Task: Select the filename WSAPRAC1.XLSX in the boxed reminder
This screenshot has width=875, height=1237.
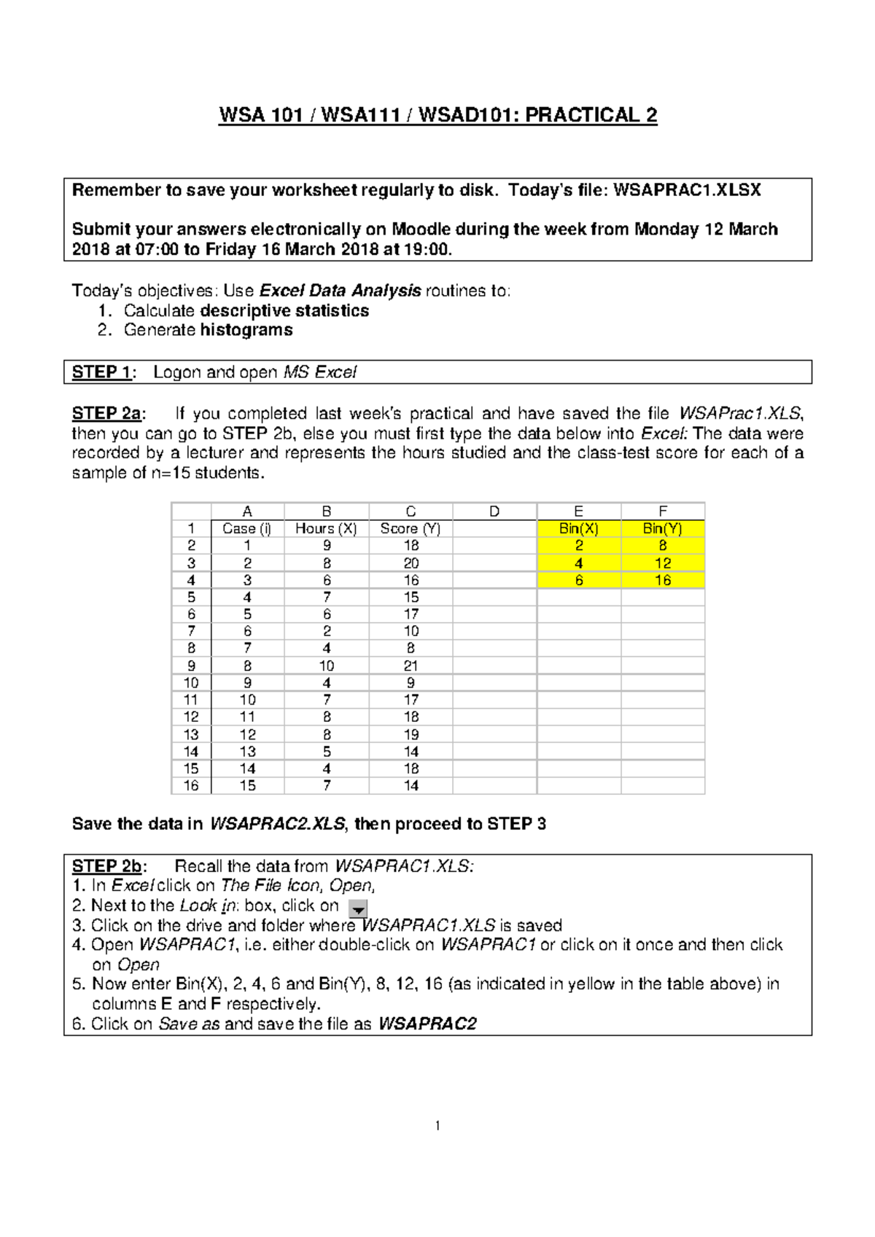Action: pyautogui.click(x=687, y=191)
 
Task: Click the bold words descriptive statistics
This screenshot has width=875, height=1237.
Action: pyautogui.click(x=284, y=311)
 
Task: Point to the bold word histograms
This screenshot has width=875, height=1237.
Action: pyautogui.click(x=246, y=330)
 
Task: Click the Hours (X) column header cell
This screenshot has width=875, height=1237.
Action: pyautogui.click(x=326, y=529)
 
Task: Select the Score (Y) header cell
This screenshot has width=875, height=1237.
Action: pyautogui.click(x=411, y=529)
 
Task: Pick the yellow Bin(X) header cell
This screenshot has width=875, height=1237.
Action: pyautogui.click(x=578, y=529)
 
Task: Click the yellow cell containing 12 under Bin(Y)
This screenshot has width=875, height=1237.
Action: pyautogui.click(x=662, y=563)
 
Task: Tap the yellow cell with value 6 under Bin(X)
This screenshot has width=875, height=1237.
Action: pyautogui.click(x=578, y=581)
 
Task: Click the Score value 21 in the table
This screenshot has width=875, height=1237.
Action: pyautogui.click(x=411, y=666)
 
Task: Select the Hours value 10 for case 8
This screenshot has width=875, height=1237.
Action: pyautogui.click(x=326, y=666)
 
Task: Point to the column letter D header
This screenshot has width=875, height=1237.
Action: pyautogui.click(x=494, y=511)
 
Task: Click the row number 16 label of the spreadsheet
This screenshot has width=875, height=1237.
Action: pyautogui.click(x=191, y=785)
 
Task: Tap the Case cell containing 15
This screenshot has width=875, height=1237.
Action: pyautogui.click(x=247, y=785)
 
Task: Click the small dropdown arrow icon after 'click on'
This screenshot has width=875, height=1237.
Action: pyautogui.click(x=358, y=908)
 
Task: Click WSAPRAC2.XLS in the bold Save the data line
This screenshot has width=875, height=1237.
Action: pyautogui.click(x=277, y=824)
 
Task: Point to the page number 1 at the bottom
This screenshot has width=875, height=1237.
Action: pyautogui.click(x=437, y=1126)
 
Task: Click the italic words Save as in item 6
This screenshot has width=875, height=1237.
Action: pyautogui.click(x=189, y=1024)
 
